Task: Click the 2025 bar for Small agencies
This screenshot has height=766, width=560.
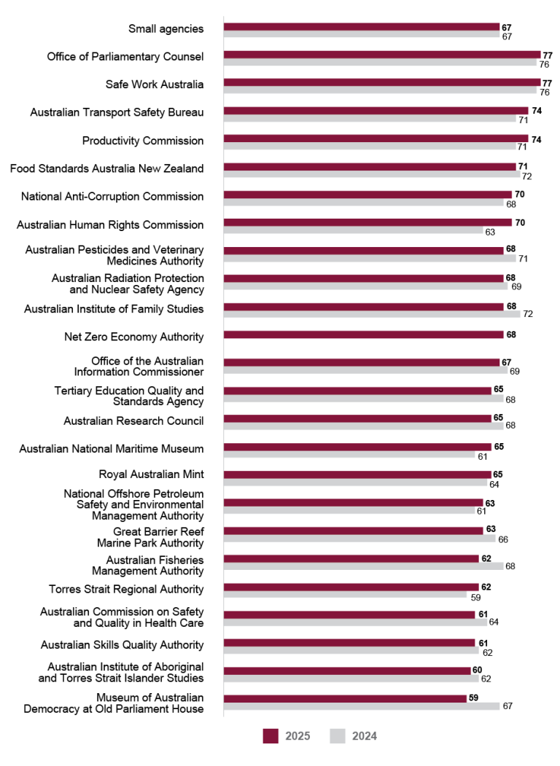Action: tap(361, 27)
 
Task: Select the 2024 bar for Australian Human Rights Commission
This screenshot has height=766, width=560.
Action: tap(353, 232)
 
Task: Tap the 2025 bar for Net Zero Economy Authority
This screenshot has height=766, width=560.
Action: tap(363, 335)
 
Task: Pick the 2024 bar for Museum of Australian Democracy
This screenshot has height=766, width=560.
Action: tap(361, 706)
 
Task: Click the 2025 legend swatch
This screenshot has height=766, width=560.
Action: tap(271, 736)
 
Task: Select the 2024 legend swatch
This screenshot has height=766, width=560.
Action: tap(338, 736)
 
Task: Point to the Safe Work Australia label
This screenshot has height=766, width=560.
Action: tap(155, 85)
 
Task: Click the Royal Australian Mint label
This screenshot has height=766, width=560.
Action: tap(151, 474)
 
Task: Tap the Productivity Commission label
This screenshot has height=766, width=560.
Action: tap(143, 141)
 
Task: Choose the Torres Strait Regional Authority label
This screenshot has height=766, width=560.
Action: tap(126, 589)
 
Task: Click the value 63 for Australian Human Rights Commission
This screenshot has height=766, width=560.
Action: tap(489, 232)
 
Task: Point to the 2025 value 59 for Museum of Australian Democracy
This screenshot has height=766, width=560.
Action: tap(473, 697)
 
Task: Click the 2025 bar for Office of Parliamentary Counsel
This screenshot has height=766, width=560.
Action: tap(381, 55)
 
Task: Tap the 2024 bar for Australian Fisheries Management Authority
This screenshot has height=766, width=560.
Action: tap(363, 566)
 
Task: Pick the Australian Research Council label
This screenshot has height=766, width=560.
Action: tap(133, 421)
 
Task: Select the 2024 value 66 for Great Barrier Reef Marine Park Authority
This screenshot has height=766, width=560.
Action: tap(502, 539)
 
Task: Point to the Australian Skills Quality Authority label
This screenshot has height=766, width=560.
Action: tap(122, 645)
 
